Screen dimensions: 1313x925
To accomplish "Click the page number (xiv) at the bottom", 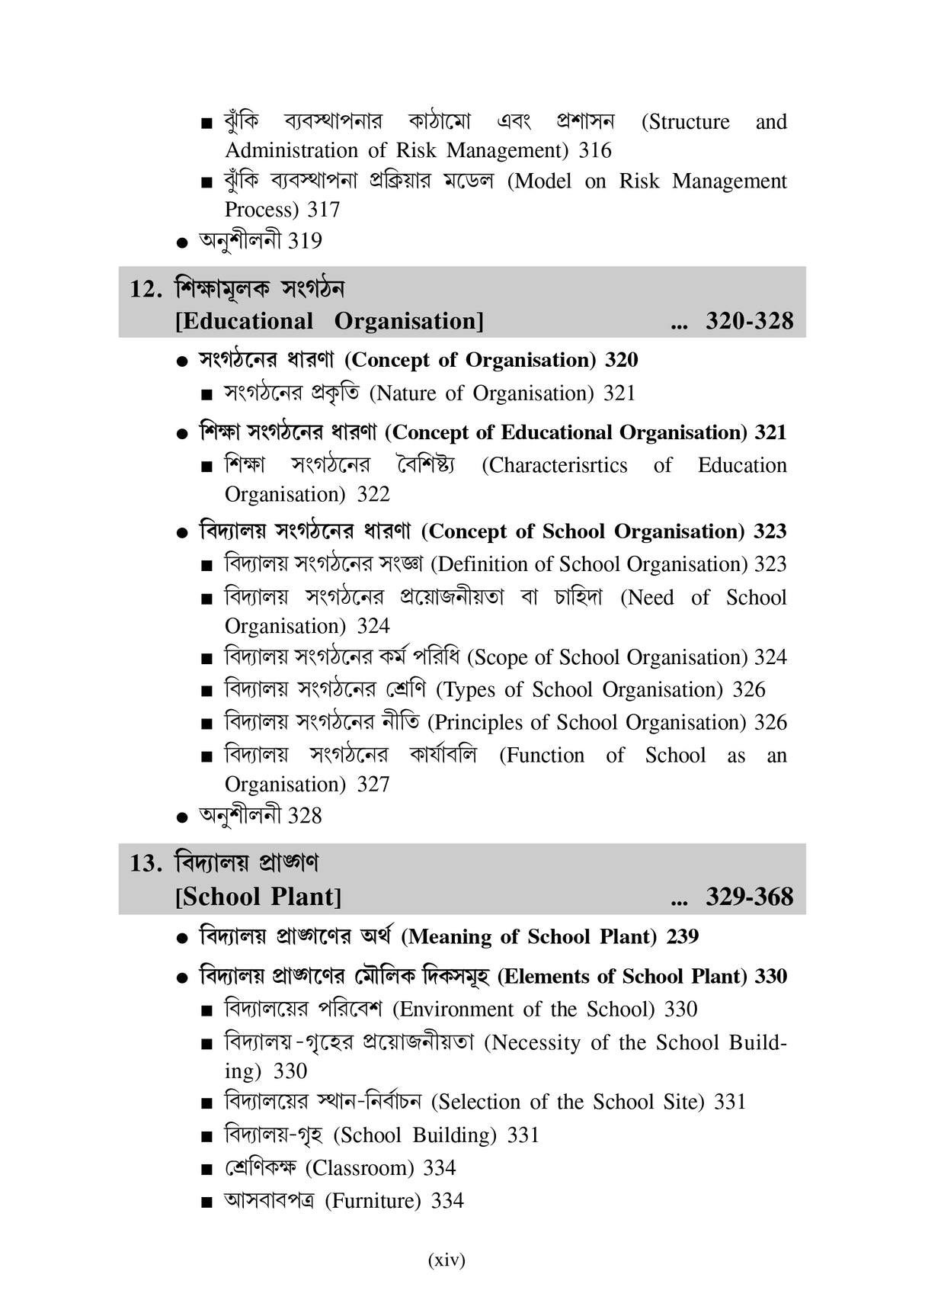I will pos(446,1260).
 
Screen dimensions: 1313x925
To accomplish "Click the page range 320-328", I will pos(749,321).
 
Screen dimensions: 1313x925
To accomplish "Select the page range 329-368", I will pos(749,897).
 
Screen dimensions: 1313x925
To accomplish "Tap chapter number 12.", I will pos(146,289).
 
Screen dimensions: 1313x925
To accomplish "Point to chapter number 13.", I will pos(146,863).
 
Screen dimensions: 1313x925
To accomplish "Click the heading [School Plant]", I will pos(258,897).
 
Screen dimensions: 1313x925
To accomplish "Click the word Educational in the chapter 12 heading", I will pos(245,321).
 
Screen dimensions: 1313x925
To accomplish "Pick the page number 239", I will pos(682,936).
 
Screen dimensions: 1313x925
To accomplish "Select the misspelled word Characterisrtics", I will pos(555,465).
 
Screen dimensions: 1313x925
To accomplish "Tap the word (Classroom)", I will pos(360,1168).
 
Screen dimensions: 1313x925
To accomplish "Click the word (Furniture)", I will pos(373,1201).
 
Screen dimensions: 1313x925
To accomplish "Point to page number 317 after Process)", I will pos(323,210).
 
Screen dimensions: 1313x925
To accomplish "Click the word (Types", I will pos(466,690).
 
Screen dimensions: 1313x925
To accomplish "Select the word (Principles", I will pos(476,723).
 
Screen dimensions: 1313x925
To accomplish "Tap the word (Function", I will pos(542,756).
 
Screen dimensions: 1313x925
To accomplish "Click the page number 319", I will pos(305,241).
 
